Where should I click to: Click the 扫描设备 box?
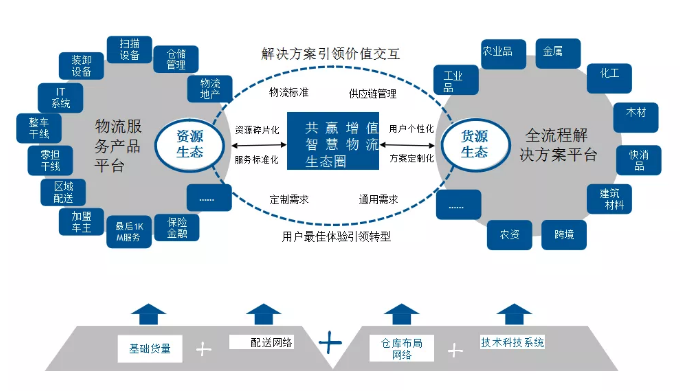click(x=131, y=50)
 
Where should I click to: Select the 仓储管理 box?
click(x=176, y=59)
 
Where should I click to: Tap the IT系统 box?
click(x=61, y=97)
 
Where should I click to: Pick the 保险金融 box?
click(x=177, y=227)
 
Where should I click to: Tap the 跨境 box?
click(x=564, y=237)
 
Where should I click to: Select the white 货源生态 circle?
click(x=466, y=144)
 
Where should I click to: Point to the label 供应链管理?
click(x=372, y=94)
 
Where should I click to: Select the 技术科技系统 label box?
click(x=512, y=342)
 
